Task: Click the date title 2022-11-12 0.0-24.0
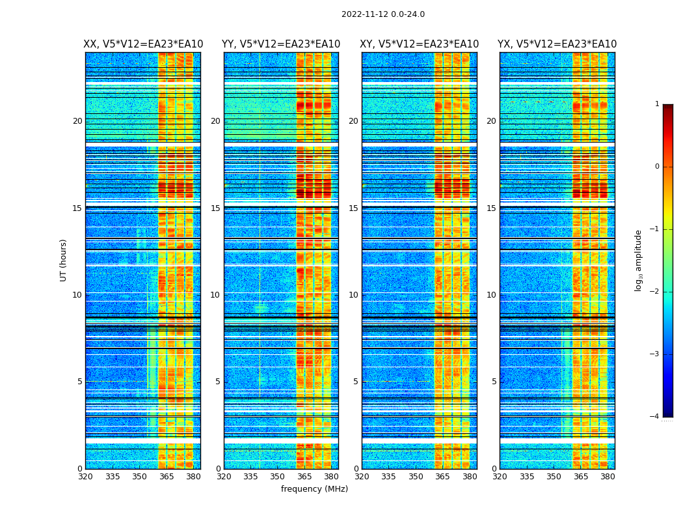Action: tap(382, 14)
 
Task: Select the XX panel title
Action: tap(143, 44)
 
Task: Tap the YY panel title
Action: tap(281, 44)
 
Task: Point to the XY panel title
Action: tap(420, 44)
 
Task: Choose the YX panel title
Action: tap(557, 44)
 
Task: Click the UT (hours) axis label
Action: tap(64, 260)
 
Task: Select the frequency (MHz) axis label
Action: tap(314, 489)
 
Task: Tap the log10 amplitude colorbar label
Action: tap(639, 260)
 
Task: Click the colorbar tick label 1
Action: tap(657, 104)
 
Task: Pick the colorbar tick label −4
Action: tap(656, 417)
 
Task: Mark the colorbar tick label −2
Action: tap(656, 292)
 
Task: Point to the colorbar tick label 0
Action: tap(657, 167)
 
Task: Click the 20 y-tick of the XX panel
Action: tap(77, 121)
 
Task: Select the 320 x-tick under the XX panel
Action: tap(85, 477)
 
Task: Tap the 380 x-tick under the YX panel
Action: tap(608, 477)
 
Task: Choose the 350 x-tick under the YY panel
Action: tap(278, 477)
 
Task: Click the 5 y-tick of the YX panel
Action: tap(494, 382)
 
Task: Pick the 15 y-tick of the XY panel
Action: tap(353, 208)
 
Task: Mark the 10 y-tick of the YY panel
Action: tap(215, 295)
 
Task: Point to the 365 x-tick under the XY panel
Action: tap(442, 477)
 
